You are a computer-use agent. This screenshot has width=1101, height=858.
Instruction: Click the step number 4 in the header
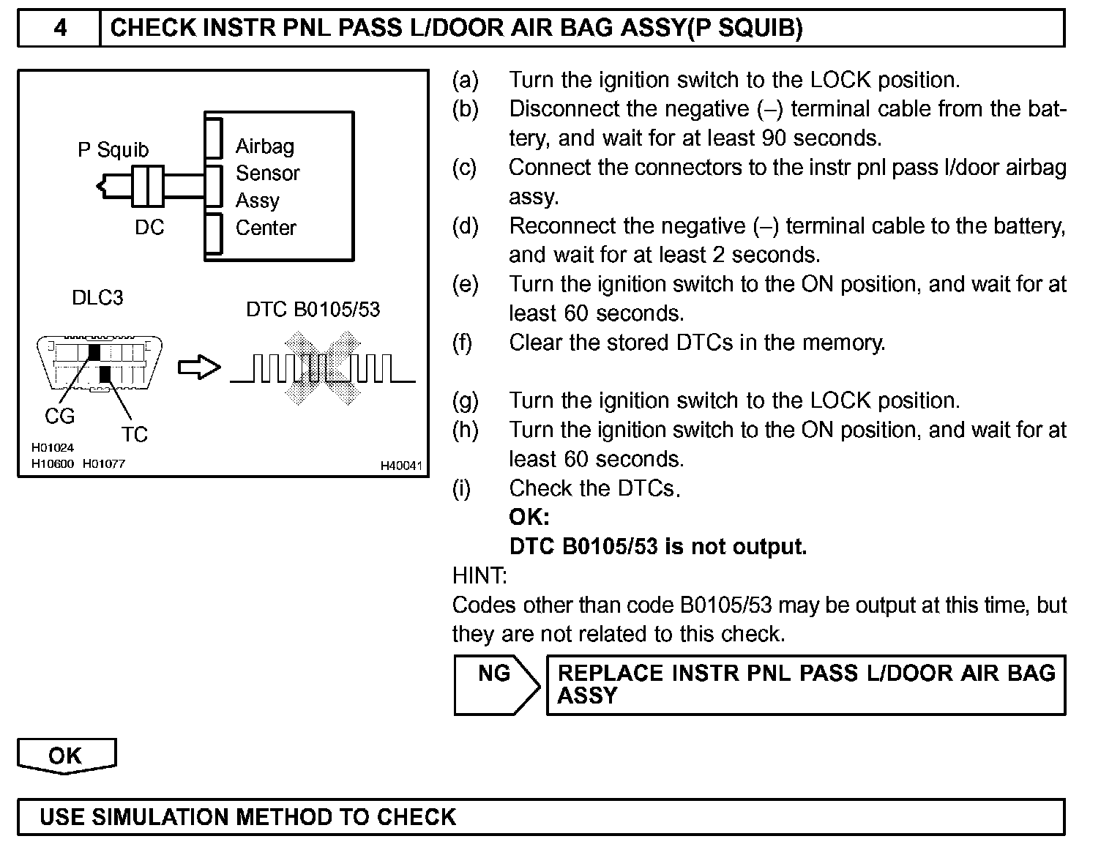point(59,29)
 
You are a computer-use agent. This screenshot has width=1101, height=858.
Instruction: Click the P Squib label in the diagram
point(113,150)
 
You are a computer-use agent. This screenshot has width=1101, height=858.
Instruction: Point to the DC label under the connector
point(149,228)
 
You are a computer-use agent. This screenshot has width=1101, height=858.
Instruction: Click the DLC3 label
point(97,298)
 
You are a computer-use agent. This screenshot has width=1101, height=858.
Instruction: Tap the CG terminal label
point(60,417)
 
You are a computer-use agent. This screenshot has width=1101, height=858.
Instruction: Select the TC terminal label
point(135,435)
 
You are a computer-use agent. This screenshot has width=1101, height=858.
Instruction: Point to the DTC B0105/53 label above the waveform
point(313,310)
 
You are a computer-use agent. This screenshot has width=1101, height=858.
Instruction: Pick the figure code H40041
point(400,466)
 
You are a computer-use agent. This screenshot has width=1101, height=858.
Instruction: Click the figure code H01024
point(52,448)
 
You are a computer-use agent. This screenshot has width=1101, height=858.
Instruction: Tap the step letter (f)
point(463,343)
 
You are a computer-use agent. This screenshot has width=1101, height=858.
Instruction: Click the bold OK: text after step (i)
point(529,518)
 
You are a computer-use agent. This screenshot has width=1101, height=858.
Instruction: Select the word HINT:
point(479,576)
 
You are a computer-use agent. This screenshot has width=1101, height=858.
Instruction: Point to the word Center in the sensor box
point(266,228)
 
